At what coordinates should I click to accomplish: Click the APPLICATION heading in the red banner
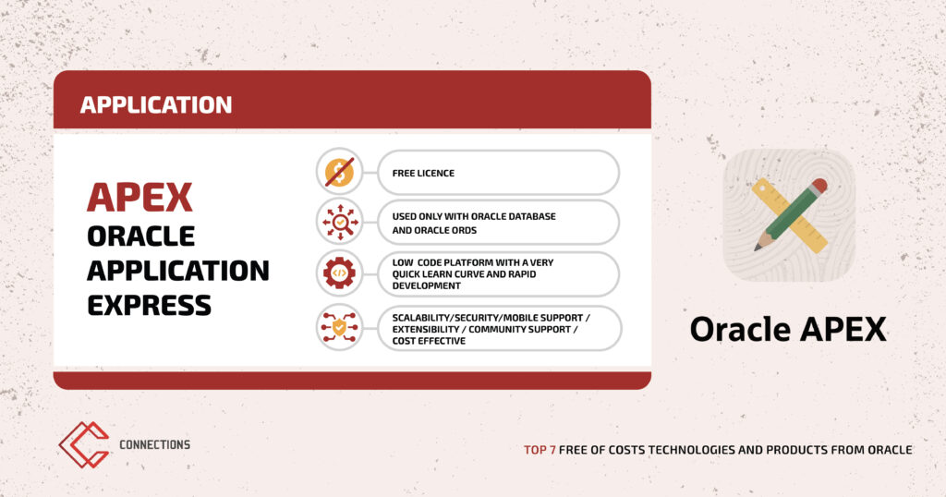[x=155, y=105]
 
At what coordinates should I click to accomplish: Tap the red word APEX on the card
[x=139, y=198]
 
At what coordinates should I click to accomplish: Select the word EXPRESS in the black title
[x=149, y=305]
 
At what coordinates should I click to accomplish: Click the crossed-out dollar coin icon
[x=340, y=173]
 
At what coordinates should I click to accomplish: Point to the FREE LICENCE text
[x=423, y=173]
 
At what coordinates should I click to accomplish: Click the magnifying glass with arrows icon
[x=340, y=223]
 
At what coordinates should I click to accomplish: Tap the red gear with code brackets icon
[x=340, y=273]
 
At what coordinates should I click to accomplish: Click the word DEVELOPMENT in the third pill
[x=427, y=285]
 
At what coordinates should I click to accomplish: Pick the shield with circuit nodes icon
[x=340, y=328]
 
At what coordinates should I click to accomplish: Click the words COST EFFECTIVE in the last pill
[x=429, y=341]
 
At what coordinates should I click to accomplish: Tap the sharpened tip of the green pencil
[x=758, y=248]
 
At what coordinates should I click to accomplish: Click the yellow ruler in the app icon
[x=789, y=215]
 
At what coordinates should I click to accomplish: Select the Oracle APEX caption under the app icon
[x=788, y=329]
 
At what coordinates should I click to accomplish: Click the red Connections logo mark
[x=84, y=444]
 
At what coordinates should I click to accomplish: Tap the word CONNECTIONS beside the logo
[x=154, y=444]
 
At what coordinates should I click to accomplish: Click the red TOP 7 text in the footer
[x=540, y=450]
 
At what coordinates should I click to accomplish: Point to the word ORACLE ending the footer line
[x=890, y=450]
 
